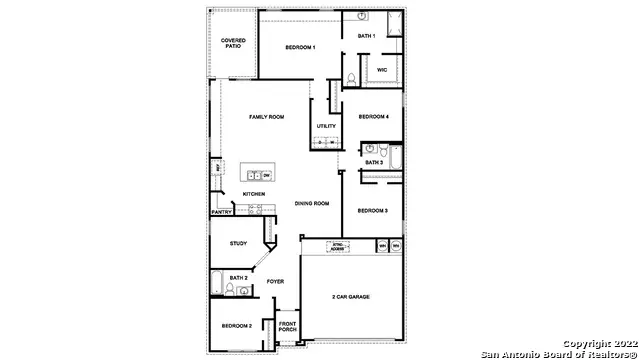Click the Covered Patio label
click(x=232, y=43)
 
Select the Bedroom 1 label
click(x=300, y=47)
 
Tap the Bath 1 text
click(x=366, y=36)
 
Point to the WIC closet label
click(x=382, y=69)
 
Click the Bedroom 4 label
click(x=373, y=116)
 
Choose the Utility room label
click(x=326, y=126)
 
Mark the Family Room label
click(x=267, y=117)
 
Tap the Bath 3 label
click(x=373, y=162)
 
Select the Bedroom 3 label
click(x=372, y=210)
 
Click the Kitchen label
click(x=254, y=194)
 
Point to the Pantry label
click(x=222, y=212)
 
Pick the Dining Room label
click(x=311, y=203)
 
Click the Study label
click(x=238, y=243)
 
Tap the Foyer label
click(x=275, y=281)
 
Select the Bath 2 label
click(x=238, y=277)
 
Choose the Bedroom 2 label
click(x=237, y=326)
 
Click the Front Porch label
click(x=288, y=327)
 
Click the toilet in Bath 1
click(x=351, y=78)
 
